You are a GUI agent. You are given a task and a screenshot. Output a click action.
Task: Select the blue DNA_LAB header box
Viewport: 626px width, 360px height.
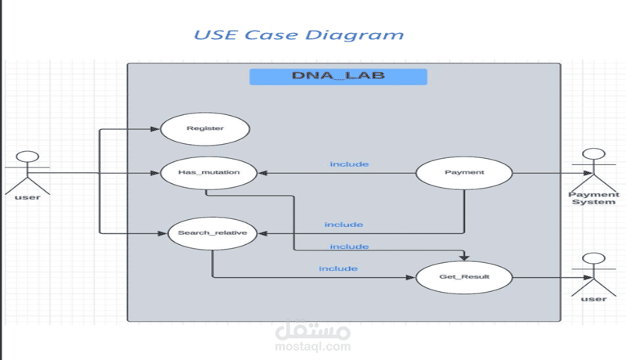(x=338, y=77)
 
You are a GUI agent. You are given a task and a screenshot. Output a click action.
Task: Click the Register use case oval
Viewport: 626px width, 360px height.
(x=205, y=128)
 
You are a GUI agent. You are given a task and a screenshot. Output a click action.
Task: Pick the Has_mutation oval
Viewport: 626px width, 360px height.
(x=210, y=172)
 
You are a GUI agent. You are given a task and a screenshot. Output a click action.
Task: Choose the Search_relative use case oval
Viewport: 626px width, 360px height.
(x=213, y=233)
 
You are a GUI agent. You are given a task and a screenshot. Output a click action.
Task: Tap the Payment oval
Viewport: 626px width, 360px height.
(x=464, y=172)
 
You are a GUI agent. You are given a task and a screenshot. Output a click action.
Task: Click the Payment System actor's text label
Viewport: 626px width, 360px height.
(x=593, y=198)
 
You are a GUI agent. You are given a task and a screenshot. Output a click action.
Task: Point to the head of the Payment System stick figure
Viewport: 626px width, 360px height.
(x=593, y=155)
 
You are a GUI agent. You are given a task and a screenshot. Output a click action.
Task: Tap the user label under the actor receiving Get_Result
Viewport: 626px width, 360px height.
(x=594, y=299)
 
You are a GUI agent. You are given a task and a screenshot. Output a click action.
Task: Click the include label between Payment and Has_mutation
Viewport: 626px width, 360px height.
(x=349, y=164)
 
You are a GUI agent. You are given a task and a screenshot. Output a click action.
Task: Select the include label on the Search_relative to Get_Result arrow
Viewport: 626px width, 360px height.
(x=338, y=269)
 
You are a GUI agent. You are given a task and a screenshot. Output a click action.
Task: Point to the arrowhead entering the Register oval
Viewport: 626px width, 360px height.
(x=156, y=128)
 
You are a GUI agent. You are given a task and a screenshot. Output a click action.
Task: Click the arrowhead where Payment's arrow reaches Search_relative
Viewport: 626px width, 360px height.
(x=262, y=233)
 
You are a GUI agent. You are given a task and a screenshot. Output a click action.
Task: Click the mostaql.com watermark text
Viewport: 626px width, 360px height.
(x=313, y=346)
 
